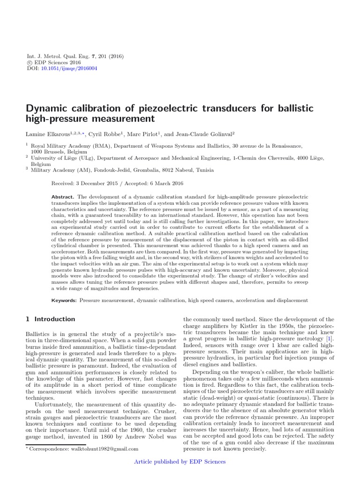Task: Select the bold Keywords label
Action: click(x=65, y=300)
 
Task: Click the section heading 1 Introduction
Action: click(x=50, y=319)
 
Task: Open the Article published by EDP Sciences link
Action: click(x=180, y=462)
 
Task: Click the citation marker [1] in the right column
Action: click(x=330, y=338)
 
